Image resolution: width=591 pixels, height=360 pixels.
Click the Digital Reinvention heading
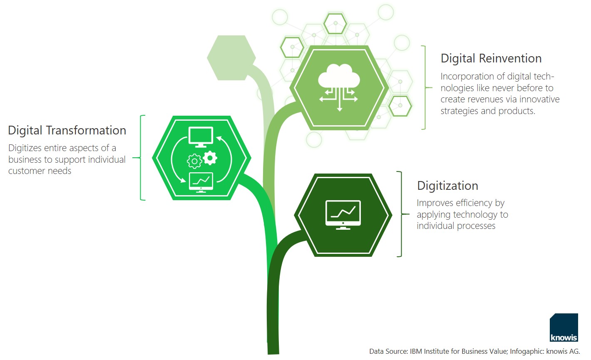[x=491, y=58]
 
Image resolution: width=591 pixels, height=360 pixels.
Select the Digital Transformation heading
[x=67, y=130]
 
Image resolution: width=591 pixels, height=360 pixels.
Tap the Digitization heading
[x=447, y=186]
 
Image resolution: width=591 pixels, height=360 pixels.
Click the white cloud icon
[x=339, y=76]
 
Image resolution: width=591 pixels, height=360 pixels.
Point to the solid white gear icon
[x=210, y=158]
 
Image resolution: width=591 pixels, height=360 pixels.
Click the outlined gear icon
[x=194, y=161]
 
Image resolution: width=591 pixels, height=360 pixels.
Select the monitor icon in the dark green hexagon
[x=343, y=215]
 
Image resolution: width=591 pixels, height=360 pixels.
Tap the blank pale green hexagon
[x=231, y=58]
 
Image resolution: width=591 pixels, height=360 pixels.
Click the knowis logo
[x=564, y=328]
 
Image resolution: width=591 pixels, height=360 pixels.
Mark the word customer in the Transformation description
[x=26, y=171]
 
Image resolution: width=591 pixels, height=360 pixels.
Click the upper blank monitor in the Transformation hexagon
[x=201, y=137]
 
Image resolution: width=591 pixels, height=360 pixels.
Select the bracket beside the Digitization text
[x=402, y=214]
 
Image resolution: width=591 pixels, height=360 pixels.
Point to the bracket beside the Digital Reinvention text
[x=425, y=87]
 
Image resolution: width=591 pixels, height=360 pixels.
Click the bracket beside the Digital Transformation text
[x=141, y=158]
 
